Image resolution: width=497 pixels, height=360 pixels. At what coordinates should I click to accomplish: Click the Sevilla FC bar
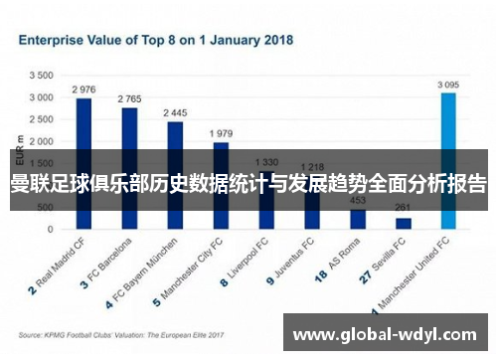click(x=404, y=223)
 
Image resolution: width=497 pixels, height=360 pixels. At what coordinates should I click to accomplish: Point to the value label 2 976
click(x=84, y=89)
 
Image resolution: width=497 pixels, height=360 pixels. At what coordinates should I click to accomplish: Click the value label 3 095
click(x=449, y=85)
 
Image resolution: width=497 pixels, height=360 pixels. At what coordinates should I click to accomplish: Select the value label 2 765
click(x=129, y=98)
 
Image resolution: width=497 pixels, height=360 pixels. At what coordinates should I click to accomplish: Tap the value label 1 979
click(x=221, y=132)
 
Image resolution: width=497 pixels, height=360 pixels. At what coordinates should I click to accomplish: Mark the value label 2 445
click(x=175, y=112)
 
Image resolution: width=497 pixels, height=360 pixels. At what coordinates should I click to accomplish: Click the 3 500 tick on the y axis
click(x=41, y=76)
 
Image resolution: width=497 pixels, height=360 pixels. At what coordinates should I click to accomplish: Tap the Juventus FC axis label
click(x=296, y=262)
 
